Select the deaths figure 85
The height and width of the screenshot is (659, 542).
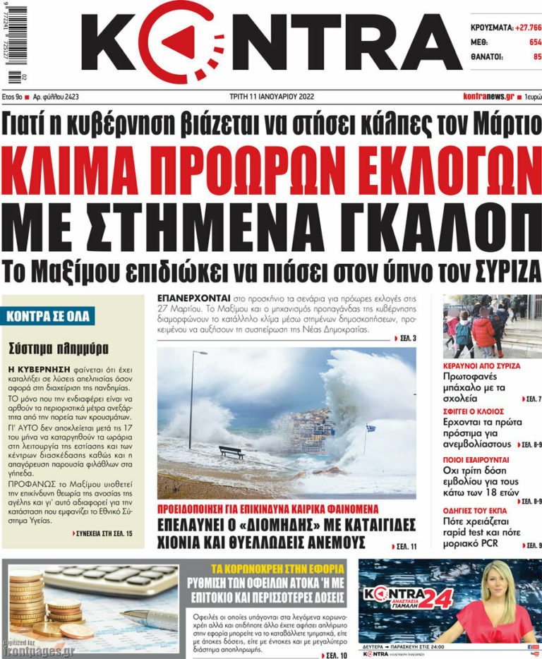point(537,56)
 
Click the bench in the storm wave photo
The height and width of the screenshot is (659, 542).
point(231,452)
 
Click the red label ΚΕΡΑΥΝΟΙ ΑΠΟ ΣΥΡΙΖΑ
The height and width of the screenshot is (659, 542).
point(481,366)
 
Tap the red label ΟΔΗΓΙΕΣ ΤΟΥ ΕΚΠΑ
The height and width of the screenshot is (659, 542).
point(482,506)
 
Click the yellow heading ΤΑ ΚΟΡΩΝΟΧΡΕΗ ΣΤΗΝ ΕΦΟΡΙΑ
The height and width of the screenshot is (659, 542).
point(278,568)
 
